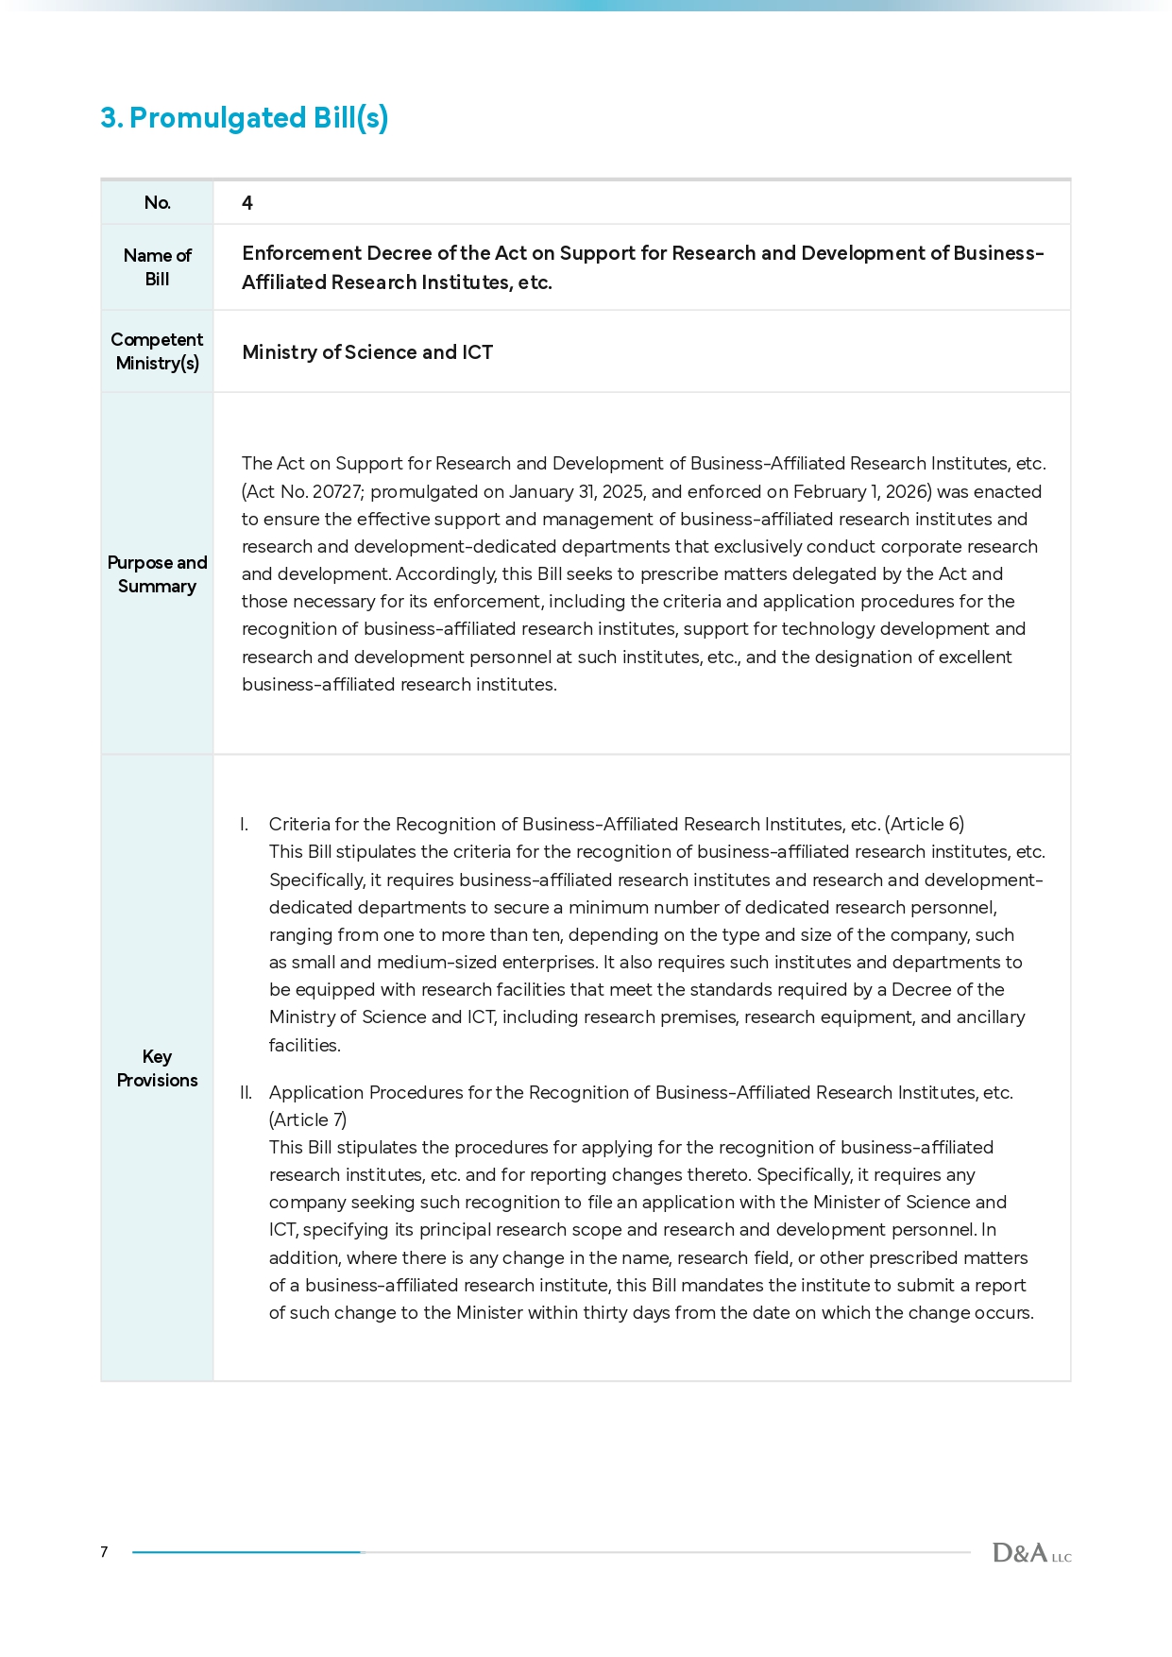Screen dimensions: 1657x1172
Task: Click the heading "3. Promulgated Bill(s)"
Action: coord(245,118)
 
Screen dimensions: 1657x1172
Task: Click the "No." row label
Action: coord(157,203)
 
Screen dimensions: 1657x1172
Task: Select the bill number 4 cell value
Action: coord(247,203)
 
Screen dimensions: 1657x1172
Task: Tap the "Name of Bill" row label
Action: coord(157,267)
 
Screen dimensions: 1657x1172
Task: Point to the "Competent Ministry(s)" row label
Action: coord(157,351)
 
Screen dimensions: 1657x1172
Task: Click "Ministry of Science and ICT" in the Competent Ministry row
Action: coord(367,352)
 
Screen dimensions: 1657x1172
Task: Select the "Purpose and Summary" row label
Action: coord(157,574)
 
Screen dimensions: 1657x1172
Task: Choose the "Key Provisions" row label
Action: coord(157,1068)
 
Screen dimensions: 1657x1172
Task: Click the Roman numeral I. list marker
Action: coord(245,825)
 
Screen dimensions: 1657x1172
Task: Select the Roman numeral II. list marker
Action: coord(246,1093)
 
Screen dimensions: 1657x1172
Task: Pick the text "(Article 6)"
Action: coord(925,825)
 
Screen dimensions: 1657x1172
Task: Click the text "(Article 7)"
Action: coord(308,1120)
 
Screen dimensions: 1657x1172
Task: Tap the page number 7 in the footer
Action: coord(104,1552)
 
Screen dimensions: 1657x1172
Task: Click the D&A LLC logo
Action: coord(1031,1553)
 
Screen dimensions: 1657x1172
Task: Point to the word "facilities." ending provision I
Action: coord(304,1046)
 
